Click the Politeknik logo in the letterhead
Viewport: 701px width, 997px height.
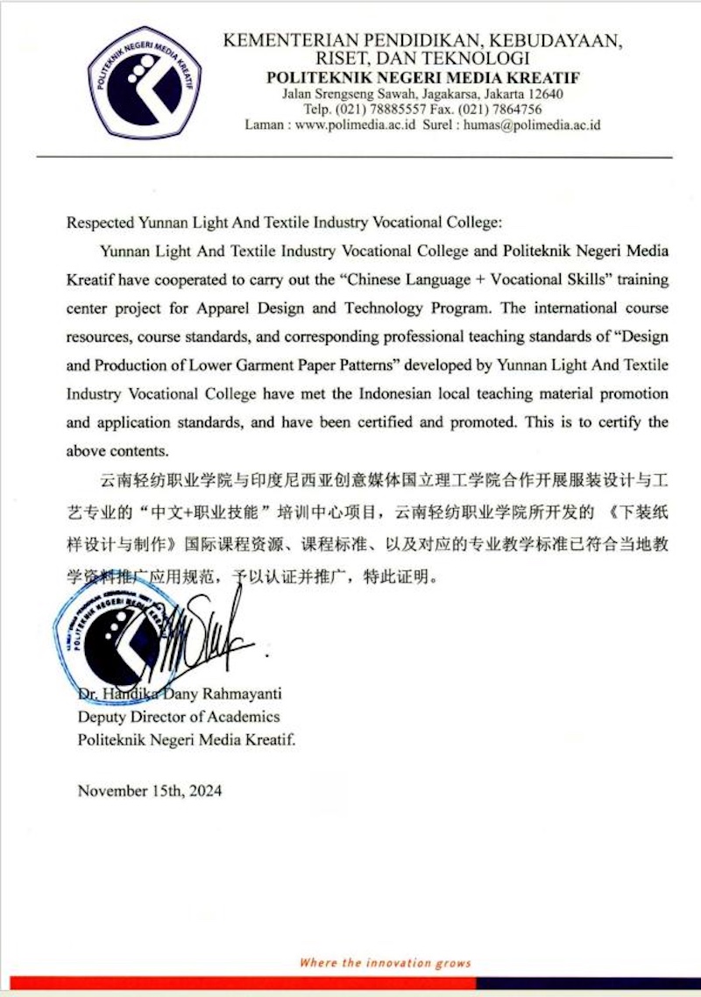tap(145, 82)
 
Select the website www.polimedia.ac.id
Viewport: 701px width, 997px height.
tap(355, 125)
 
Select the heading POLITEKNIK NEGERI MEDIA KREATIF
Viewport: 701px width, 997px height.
tap(422, 78)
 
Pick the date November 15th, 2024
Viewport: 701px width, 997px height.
tap(150, 790)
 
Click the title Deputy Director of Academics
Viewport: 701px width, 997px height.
tap(179, 717)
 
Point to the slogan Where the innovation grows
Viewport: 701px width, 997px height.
tap(386, 963)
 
